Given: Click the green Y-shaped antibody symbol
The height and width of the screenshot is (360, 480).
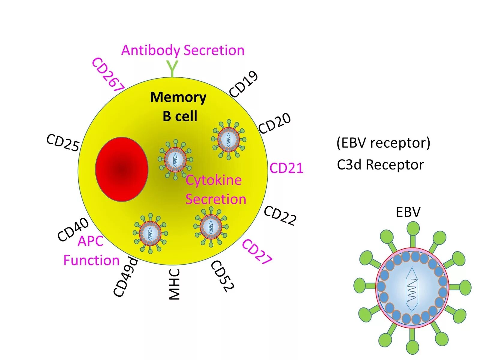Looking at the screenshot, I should (172, 68).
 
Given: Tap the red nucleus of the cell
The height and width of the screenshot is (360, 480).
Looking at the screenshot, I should (121, 169).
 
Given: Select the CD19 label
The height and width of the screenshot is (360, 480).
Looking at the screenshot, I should (244, 84).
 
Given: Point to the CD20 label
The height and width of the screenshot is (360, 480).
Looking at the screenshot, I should (274, 123).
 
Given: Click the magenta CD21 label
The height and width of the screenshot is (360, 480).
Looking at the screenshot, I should (286, 168).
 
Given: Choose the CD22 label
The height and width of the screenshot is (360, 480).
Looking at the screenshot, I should (280, 216).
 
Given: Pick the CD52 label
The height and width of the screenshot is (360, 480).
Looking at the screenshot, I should (222, 276).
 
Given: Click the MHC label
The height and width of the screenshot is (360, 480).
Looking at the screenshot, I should (174, 284).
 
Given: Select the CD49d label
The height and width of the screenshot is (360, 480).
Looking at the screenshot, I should (126, 277).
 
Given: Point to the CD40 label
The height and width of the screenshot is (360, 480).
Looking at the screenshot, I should (73, 229).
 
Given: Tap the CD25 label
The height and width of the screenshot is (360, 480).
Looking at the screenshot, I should (63, 143).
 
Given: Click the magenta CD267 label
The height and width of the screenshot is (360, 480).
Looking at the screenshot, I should (108, 75).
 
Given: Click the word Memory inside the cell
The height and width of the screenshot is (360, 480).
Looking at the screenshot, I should (178, 97).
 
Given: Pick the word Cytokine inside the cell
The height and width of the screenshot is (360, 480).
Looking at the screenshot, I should (214, 180).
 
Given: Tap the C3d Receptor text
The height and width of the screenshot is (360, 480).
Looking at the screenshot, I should (380, 165).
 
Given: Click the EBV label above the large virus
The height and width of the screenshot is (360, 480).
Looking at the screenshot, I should (408, 212).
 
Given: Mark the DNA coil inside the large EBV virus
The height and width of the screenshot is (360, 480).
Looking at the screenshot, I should (412, 289).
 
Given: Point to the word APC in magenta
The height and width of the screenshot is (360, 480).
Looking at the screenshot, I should (90, 241).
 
